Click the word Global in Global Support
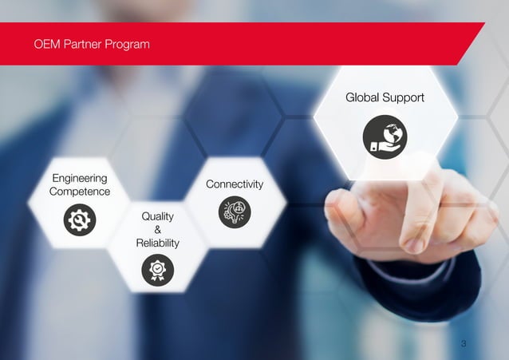point(363,97)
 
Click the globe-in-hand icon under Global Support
point(385,136)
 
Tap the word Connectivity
point(235,184)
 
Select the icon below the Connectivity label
point(235,212)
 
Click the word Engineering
point(80,177)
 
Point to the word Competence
point(80,192)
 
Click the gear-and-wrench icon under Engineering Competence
point(80,220)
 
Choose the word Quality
point(157,216)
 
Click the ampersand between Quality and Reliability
point(157,230)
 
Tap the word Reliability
point(157,243)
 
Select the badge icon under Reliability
point(157,270)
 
